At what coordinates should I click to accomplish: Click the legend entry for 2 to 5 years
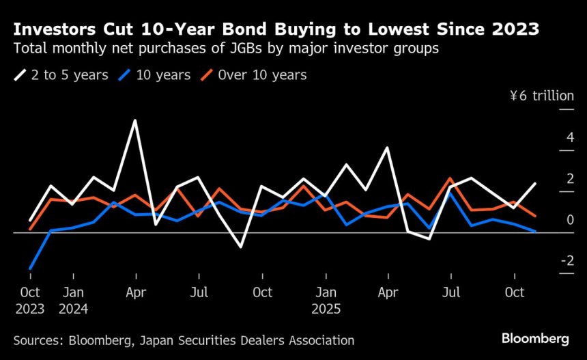61,75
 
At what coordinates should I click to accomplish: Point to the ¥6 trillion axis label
542,96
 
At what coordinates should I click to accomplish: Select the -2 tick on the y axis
566,262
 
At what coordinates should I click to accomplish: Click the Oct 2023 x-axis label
30,300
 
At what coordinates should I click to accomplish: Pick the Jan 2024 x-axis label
73,300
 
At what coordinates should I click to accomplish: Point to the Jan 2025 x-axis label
326,300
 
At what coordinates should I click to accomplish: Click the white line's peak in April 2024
135,121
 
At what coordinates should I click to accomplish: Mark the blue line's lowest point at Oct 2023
31,268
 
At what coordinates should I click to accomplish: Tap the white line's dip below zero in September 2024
241,247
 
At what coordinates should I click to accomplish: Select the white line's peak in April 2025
388,148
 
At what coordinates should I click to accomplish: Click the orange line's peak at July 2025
450,178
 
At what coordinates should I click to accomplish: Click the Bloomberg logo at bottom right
535,339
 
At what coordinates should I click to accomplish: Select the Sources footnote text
184,340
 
